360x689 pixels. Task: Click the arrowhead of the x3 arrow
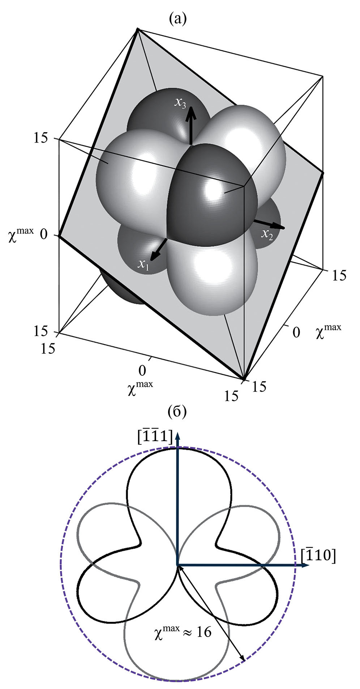(x=191, y=113)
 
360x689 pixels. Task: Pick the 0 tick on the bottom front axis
(x=142, y=371)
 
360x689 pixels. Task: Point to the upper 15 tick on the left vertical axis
(x=41, y=138)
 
